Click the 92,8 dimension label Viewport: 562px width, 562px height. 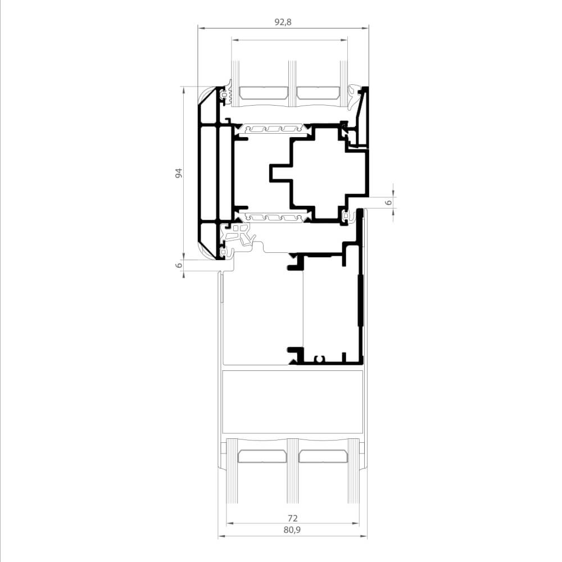tap(283, 22)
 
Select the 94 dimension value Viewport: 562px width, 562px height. tap(179, 173)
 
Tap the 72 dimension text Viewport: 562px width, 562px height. tap(293, 518)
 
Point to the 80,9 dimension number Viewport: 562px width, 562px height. tap(292, 530)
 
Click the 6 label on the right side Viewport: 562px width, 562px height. tap(388, 202)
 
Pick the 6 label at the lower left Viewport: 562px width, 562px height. tap(179, 265)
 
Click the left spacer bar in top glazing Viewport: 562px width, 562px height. tap(264, 93)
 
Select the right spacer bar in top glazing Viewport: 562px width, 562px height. tap(318, 93)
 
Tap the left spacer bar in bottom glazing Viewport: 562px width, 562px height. tap(262, 456)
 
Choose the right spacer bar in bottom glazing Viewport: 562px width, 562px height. tap(323, 456)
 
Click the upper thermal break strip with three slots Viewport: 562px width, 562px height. tap(272, 129)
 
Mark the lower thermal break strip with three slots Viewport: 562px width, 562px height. tap(272, 217)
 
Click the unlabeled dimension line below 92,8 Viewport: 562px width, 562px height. tap(289, 40)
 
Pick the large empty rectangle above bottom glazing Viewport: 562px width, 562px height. tap(292, 402)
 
